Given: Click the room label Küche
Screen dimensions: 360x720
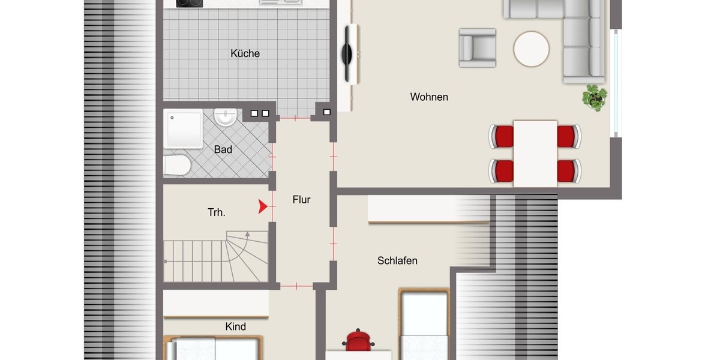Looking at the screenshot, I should [245, 53].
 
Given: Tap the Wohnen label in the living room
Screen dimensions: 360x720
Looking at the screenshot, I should [429, 97].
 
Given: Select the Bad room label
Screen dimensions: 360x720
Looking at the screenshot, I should [223, 149].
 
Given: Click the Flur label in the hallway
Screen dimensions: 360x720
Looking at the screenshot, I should [301, 200].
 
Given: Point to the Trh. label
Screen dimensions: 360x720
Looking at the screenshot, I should [217, 212].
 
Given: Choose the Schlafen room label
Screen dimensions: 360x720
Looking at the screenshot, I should [397, 260].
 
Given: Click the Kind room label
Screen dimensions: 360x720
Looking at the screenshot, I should [235, 326].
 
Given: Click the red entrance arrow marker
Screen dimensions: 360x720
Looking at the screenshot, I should [262, 207].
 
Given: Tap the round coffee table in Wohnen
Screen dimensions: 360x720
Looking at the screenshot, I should [531, 49].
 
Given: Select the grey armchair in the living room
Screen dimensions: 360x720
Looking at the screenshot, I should [478, 47].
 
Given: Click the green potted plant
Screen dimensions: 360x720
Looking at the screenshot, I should [595, 97].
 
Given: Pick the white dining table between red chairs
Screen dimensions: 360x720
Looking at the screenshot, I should [535, 153].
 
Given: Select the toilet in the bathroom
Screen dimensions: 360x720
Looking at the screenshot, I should [176, 166].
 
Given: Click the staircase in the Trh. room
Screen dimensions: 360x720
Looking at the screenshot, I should [216, 259].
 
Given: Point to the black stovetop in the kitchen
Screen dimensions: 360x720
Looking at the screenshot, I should [190, 3].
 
